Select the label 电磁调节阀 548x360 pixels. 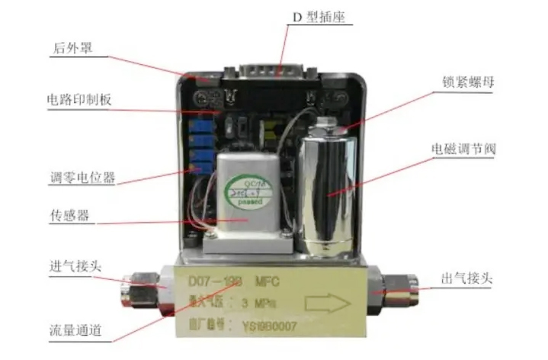463,149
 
